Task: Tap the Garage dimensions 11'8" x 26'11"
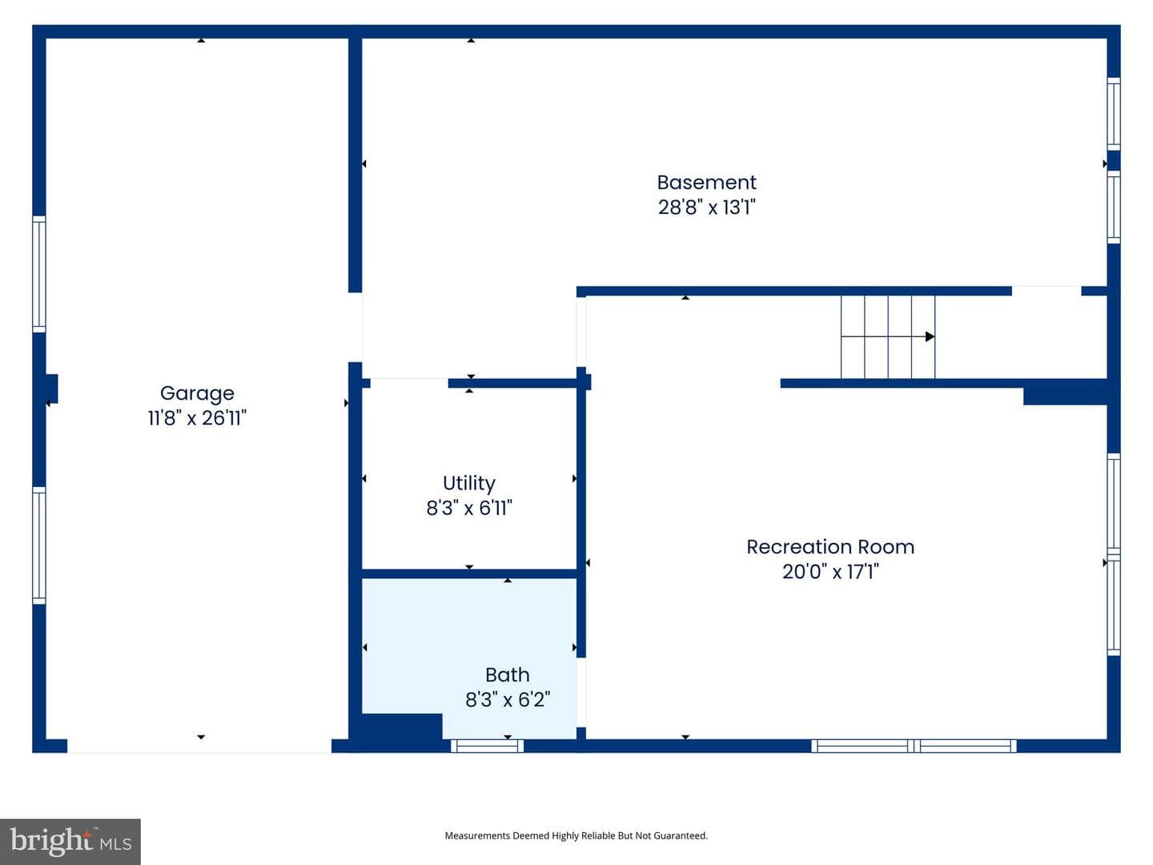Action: coord(197,418)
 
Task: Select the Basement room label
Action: coord(706,183)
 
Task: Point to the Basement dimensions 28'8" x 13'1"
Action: coord(706,207)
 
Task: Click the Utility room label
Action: coord(469,484)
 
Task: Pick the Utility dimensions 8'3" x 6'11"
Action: coord(469,508)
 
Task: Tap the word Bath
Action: coord(508,675)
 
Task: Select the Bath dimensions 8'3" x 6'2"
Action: coord(508,699)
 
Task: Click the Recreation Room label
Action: coord(830,547)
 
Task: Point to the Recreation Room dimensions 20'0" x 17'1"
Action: coord(830,571)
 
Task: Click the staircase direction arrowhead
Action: coord(930,336)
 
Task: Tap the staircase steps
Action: coord(888,336)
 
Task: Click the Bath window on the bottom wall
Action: coord(487,746)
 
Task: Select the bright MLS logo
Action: coord(70,841)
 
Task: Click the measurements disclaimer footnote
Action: coord(576,835)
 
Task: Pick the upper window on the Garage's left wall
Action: coord(39,274)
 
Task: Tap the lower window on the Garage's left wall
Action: coord(39,545)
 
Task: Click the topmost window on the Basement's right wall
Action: coord(1114,114)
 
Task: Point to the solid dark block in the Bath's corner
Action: coord(402,726)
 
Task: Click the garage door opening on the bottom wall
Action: coord(199,746)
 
